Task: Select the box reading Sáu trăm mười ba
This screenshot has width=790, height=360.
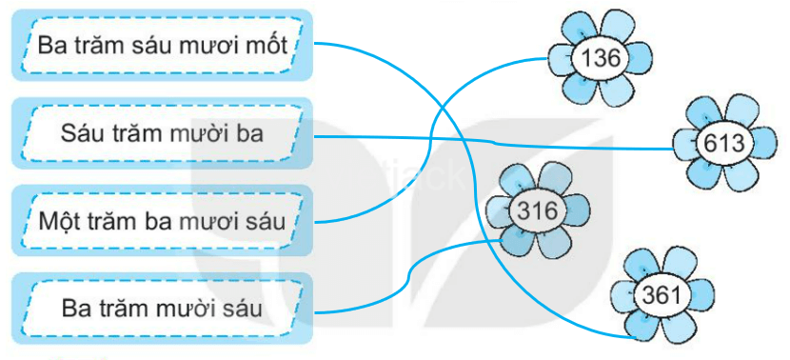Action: tap(161, 133)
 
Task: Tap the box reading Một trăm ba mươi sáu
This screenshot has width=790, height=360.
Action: tap(163, 222)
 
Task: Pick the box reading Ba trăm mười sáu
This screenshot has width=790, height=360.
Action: tap(161, 309)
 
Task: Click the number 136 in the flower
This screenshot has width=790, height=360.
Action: tap(601, 59)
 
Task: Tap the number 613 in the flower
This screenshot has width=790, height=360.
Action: tap(723, 143)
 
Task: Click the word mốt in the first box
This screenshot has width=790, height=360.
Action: tap(269, 45)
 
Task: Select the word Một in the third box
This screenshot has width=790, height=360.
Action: tap(60, 222)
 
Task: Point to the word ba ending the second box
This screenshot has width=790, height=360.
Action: tap(250, 133)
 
